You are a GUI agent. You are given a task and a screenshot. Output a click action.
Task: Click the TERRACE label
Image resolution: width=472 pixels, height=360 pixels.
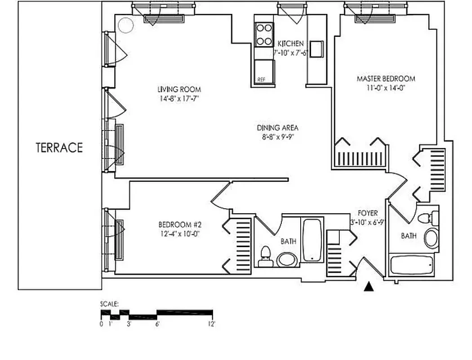point(59,148)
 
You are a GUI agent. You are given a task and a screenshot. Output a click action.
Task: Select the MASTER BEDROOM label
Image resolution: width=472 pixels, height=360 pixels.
point(386,79)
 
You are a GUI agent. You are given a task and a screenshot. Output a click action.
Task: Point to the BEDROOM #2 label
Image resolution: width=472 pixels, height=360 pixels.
point(178,225)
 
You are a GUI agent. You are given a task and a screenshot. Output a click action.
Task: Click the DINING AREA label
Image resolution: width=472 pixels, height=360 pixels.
point(277,128)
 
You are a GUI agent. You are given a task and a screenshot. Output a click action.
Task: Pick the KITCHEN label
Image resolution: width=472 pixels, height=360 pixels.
point(290,44)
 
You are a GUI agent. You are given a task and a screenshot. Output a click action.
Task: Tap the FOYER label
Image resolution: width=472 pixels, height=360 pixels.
point(367,213)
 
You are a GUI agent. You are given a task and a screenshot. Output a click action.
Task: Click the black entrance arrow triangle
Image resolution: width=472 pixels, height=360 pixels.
point(370,286)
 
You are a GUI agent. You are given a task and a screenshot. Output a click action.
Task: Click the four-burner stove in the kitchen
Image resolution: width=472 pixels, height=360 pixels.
point(264,35)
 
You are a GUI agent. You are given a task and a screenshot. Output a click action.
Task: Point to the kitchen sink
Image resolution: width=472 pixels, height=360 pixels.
point(316,49)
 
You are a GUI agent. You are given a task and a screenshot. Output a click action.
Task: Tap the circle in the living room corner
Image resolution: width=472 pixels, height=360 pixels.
point(126,26)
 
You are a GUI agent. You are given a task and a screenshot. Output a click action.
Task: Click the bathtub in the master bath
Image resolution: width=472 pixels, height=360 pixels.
point(412,265)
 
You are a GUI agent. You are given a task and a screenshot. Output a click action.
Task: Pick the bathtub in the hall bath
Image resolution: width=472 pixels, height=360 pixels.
point(312,240)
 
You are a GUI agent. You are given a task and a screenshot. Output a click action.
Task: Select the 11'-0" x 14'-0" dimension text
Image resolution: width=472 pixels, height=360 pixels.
point(386,88)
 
